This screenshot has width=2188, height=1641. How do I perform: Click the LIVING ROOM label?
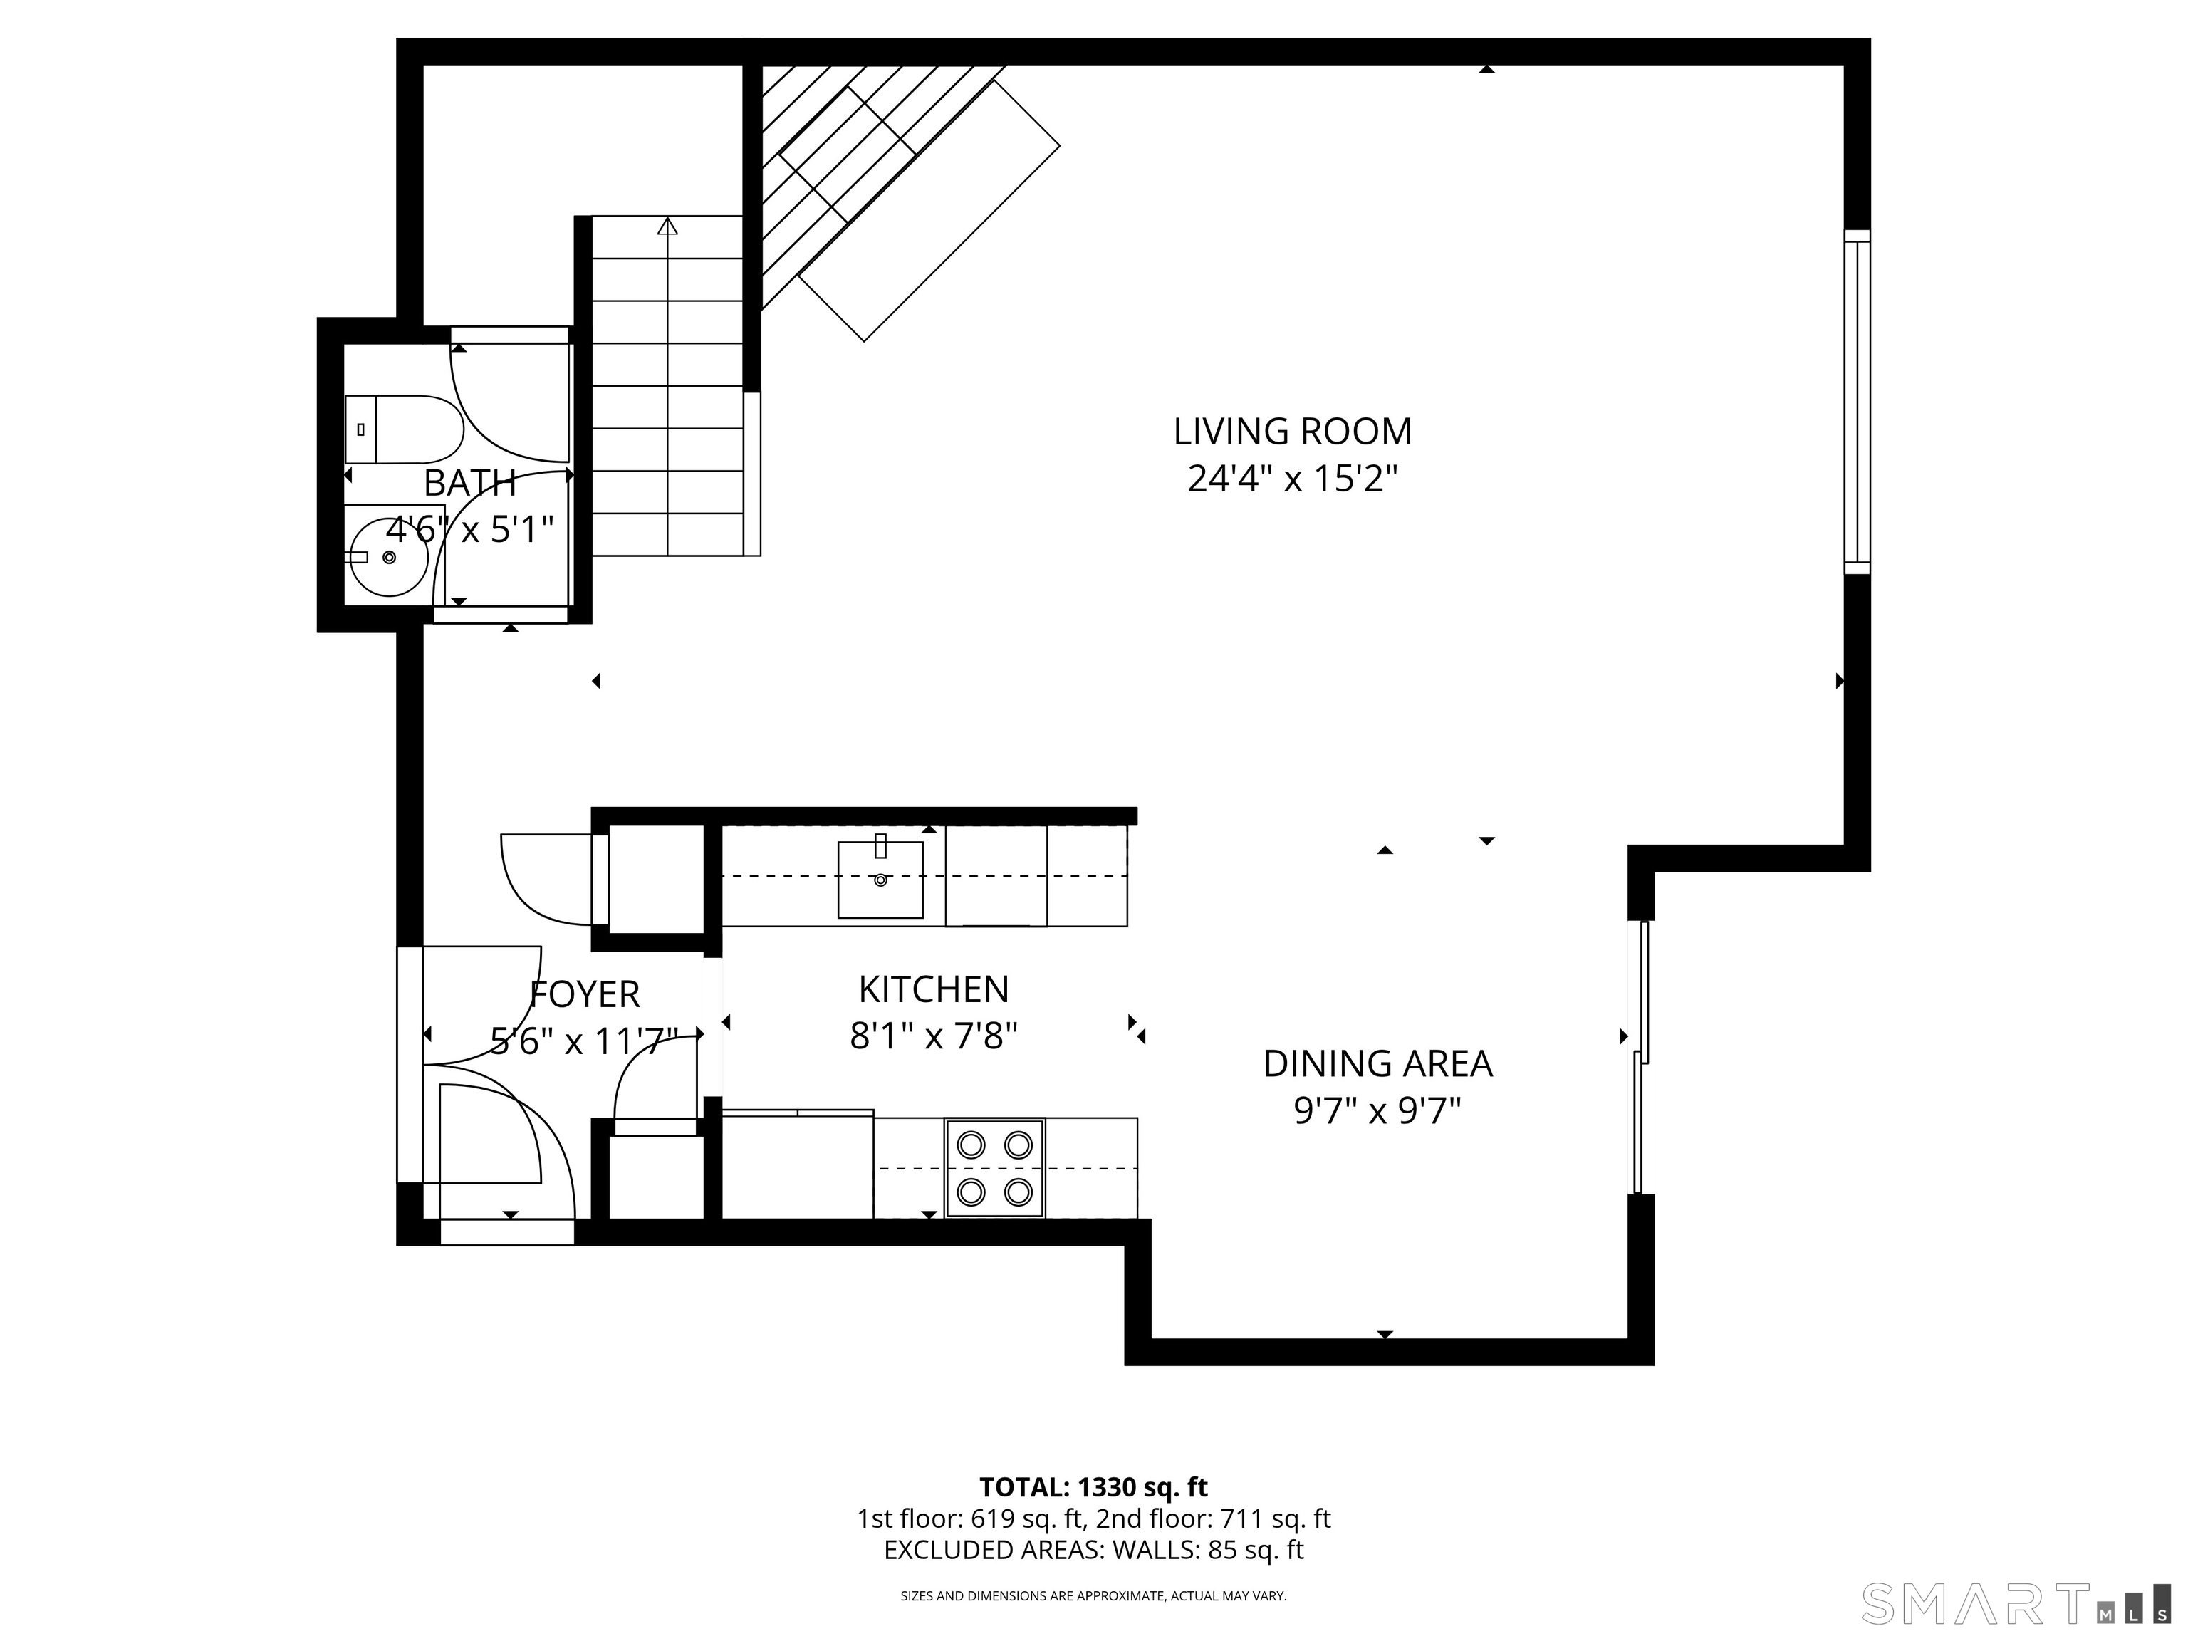[1292, 432]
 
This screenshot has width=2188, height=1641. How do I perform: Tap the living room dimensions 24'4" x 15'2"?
[1292, 480]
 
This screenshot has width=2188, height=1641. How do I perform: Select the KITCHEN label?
[933, 989]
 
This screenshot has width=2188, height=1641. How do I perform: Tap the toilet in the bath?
[405, 429]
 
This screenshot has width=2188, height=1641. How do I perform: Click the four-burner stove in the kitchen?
[994, 1168]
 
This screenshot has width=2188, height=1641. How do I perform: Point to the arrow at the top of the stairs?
[667, 226]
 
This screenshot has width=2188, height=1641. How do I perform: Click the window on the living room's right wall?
[1858, 402]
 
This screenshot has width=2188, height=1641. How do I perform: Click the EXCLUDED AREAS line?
[1094, 1550]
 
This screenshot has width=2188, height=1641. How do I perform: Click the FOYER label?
[585, 994]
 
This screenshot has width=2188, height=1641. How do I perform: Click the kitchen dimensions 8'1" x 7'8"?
[933, 1036]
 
